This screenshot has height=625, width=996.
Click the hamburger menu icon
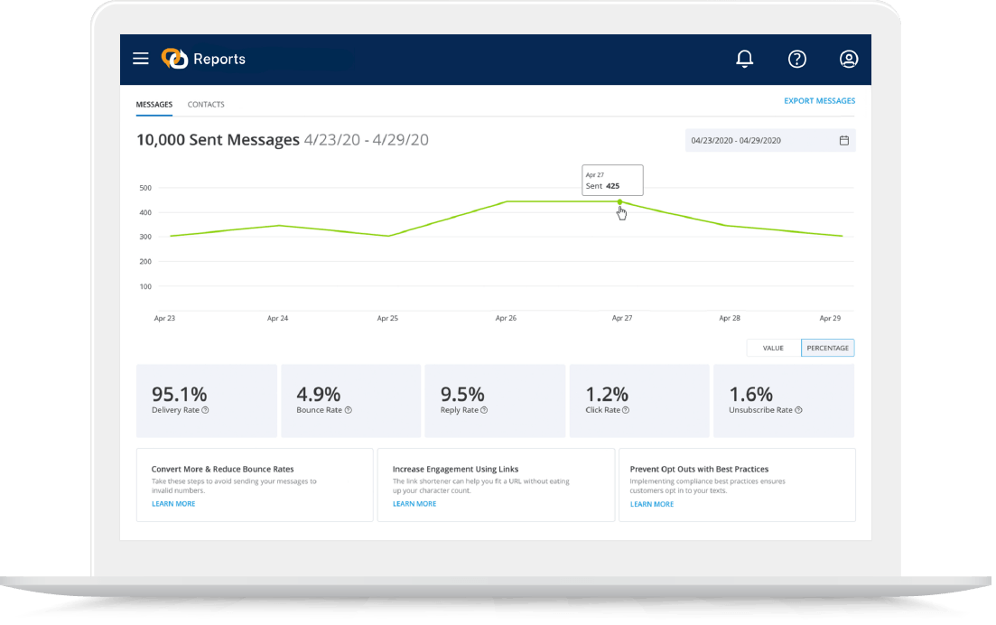(x=141, y=59)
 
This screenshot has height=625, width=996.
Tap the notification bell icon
(x=744, y=59)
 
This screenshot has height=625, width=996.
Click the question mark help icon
(x=796, y=59)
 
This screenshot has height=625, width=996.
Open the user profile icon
(x=849, y=59)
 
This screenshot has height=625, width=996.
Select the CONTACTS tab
(x=206, y=105)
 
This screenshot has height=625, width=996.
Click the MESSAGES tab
(x=154, y=105)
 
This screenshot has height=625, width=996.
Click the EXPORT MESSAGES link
(x=819, y=101)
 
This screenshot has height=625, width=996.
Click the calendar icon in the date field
(x=844, y=141)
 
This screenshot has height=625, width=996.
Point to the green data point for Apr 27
(x=619, y=201)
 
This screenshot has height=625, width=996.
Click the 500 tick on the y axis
(x=145, y=188)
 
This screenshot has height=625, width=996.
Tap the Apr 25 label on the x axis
(x=387, y=319)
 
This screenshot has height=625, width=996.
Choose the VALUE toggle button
(x=773, y=348)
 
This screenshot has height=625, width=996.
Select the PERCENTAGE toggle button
(x=827, y=348)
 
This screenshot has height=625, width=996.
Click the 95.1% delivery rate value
(x=179, y=394)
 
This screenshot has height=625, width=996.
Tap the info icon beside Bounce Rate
(x=349, y=410)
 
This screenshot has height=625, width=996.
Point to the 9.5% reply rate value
(x=462, y=394)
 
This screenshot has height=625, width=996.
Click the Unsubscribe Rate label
(x=760, y=410)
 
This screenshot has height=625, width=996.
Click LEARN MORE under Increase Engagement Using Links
(x=414, y=504)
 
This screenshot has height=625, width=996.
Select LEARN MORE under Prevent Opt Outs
(x=652, y=504)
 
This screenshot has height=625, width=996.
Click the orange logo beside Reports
(x=174, y=59)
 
